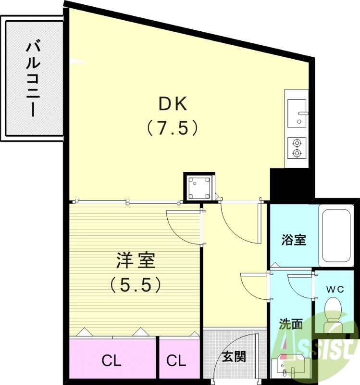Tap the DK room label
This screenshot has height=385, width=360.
click(x=172, y=103)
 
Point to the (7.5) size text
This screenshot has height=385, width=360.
click(x=172, y=128)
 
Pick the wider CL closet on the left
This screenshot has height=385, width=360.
click(x=112, y=360)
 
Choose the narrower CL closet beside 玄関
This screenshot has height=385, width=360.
click(x=177, y=360)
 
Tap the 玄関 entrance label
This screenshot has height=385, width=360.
click(x=234, y=357)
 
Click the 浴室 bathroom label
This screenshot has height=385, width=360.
click(x=293, y=240)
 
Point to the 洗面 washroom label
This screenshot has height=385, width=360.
click(x=291, y=324)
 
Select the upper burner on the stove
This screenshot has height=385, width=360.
click(x=298, y=142)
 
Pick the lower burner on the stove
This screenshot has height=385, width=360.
click(x=298, y=154)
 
